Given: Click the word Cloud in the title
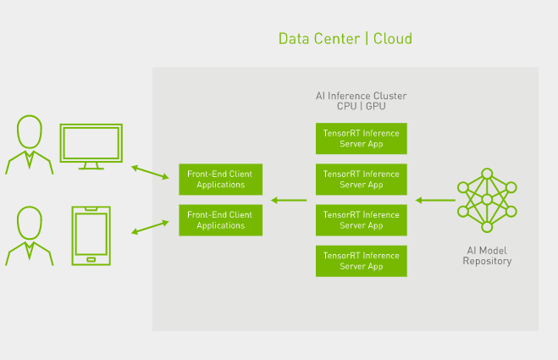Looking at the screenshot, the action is coord(393,38).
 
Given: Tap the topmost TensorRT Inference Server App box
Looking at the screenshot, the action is coord(362,139).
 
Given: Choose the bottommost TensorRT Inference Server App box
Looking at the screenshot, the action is coord(362,261).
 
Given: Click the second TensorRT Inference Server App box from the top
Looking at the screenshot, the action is coord(362,180).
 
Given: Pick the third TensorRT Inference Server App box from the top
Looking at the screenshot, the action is coord(362,220).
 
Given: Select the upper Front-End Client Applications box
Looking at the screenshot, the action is coord(221,180).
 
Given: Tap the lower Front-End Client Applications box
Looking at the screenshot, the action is coord(221,220).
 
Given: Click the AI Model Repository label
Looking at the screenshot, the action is coord(487,256).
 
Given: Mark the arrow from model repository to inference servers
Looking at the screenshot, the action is coord(435,201).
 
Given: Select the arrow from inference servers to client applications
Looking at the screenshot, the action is coord(289,201).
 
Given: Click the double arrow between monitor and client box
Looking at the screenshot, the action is coord(150,172).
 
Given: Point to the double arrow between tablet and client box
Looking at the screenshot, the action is coord(150,227).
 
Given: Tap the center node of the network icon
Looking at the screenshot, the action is coord(487,200).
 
